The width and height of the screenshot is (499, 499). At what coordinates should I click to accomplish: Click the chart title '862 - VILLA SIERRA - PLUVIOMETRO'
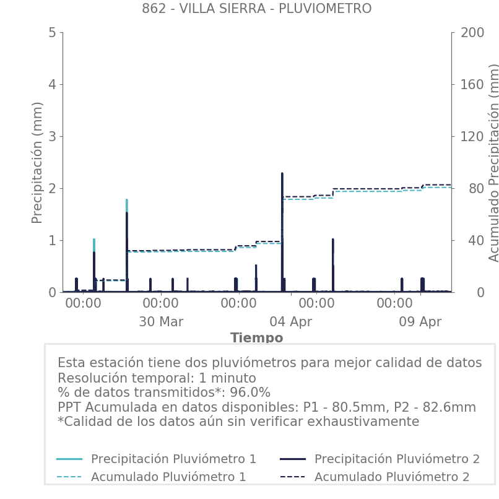[256, 9]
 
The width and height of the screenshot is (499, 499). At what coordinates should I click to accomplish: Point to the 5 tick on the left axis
[52, 32]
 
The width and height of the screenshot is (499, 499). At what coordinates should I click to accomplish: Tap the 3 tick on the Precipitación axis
[52, 136]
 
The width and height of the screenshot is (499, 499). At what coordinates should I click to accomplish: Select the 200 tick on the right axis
[472, 32]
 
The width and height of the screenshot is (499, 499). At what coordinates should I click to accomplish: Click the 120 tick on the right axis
[472, 136]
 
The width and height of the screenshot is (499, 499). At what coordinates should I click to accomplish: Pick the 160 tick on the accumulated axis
[472, 84]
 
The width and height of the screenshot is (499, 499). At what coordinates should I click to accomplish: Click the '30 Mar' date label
[161, 322]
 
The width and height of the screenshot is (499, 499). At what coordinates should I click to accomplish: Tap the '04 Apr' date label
[291, 322]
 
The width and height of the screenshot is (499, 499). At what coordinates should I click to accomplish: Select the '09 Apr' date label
[420, 322]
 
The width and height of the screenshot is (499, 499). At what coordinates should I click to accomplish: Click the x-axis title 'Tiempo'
[256, 338]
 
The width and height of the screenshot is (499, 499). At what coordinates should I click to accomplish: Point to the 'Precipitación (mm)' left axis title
[37, 163]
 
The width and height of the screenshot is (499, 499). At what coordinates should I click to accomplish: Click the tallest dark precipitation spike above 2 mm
[282, 175]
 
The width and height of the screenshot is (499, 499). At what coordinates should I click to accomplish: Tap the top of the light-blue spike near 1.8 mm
[127, 201]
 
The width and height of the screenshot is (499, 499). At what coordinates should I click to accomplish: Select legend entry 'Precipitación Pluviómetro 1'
[173, 459]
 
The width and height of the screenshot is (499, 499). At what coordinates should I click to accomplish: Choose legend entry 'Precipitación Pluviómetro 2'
[397, 459]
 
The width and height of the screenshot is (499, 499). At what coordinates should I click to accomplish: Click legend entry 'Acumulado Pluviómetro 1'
[168, 477]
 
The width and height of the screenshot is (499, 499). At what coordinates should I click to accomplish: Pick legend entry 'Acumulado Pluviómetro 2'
[392, 477]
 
